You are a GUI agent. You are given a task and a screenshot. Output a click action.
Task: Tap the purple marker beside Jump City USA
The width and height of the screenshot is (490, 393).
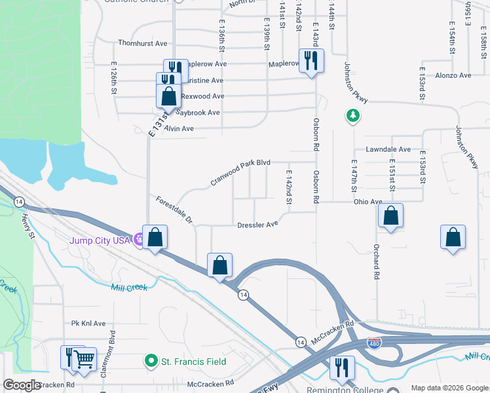(138, 240)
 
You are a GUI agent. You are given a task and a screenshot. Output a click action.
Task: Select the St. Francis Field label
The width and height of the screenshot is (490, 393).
(194, 361)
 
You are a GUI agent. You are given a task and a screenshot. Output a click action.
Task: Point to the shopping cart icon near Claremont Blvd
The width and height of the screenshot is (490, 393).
(85, 358)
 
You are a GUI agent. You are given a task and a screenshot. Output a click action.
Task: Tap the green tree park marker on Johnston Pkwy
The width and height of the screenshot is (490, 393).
(353, 116)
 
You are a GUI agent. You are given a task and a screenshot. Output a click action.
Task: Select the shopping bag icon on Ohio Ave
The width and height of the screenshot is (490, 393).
(390, 215)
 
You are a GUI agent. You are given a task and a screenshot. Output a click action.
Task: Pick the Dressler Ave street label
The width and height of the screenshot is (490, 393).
(257, 224)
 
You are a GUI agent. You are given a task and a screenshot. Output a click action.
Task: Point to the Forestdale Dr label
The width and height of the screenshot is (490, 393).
(174, 210)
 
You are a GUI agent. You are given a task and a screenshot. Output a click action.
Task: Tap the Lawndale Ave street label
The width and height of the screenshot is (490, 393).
(388, 149)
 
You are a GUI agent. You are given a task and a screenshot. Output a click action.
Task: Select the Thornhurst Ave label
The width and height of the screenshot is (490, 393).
(143, 43)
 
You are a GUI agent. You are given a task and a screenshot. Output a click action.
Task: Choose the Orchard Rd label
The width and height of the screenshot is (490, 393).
(377, 263)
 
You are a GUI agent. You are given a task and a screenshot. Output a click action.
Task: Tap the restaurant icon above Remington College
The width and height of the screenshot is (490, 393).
(341, 367)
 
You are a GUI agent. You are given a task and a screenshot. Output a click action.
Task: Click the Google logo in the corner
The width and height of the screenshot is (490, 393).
(22, 385)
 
